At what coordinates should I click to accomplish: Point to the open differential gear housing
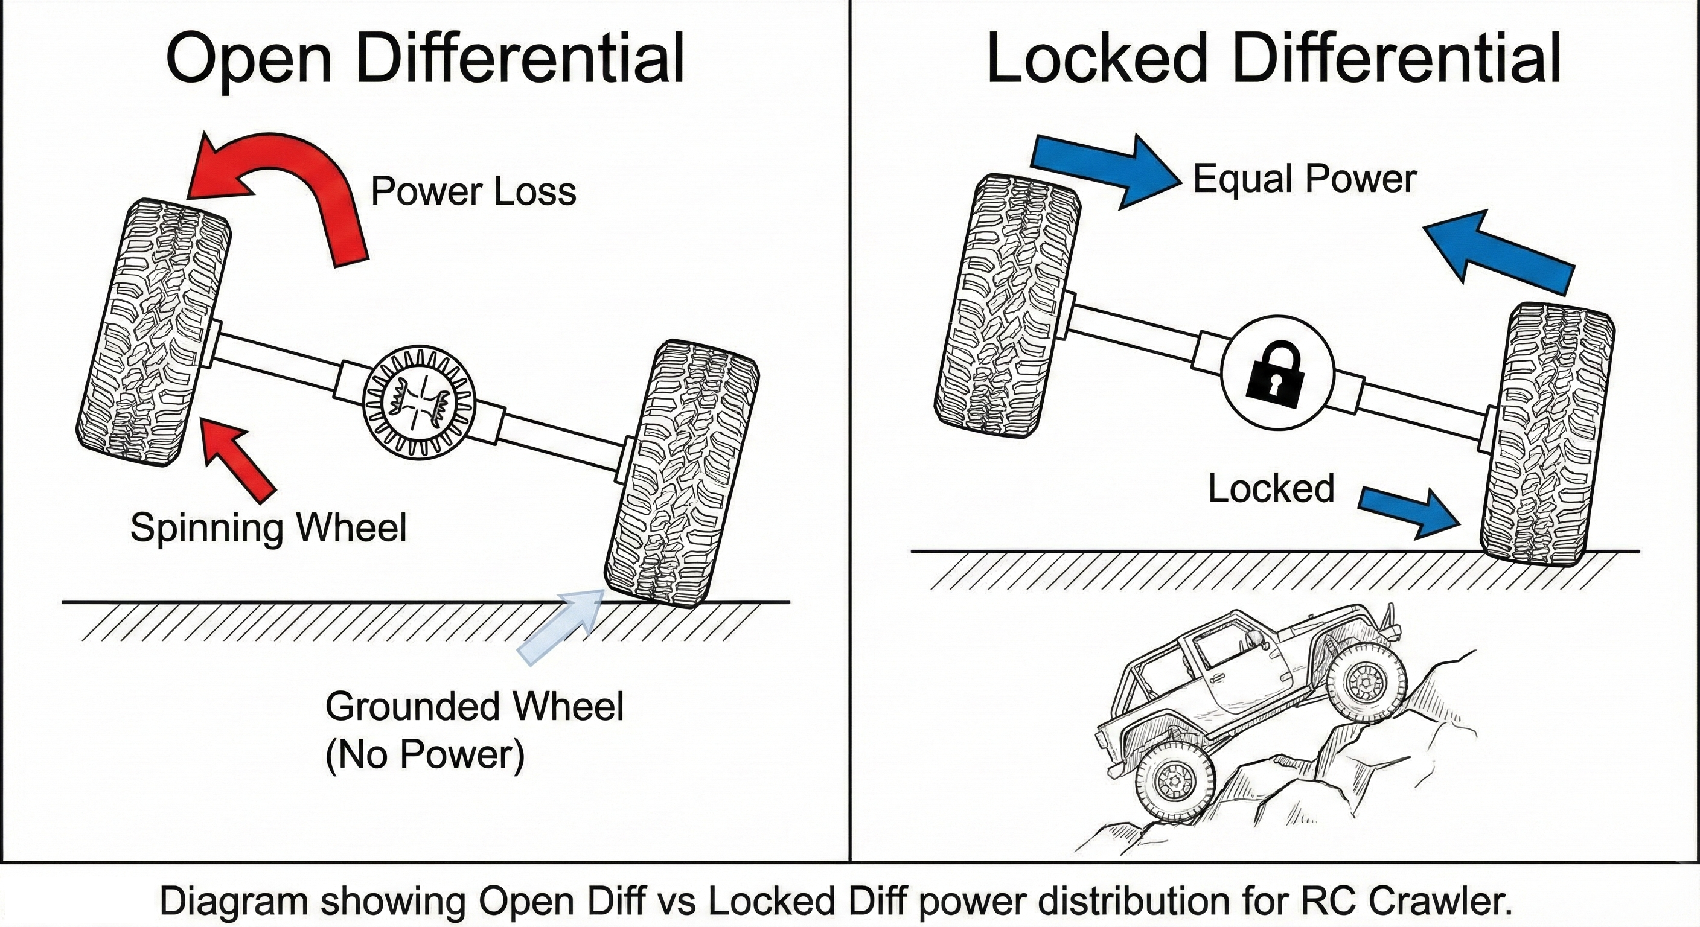420,404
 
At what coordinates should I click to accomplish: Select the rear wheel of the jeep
1175,781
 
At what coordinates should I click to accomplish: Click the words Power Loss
473,191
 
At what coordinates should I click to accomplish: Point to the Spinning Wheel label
268,528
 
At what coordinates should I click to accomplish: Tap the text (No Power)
424,754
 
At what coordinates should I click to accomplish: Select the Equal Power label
1304,179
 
